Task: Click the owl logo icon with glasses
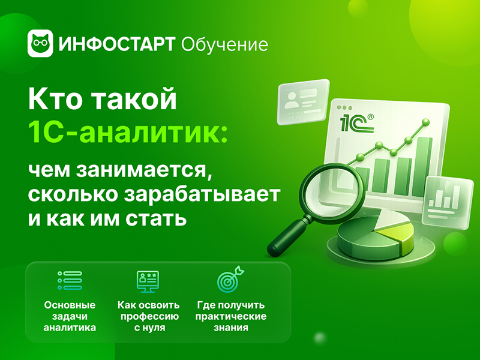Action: [x=40, y=43]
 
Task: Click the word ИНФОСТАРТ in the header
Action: [x=117, y=44]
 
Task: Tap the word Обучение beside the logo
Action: [x=224, y=44]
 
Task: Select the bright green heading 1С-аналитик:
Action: [x=128, y=132]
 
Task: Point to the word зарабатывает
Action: [x=202, y=194]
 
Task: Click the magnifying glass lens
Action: [x=332, y=190]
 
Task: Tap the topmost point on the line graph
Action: [x=425, y=122]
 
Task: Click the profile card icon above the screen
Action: [x=303, y=101]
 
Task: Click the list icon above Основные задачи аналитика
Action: [x=70, y=280]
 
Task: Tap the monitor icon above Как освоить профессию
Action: [x=148, y=281]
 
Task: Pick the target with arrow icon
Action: [x=230, y=280]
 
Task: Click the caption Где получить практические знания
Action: [x=231, y=316]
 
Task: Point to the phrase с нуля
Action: [x=149, y=328]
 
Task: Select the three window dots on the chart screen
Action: [x=344, y=108]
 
